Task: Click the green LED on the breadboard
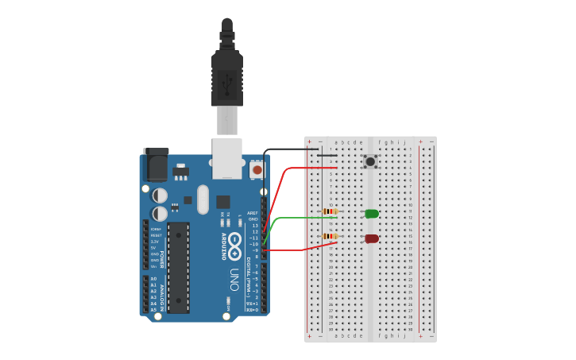371,213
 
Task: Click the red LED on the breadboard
371,238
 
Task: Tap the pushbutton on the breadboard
370,161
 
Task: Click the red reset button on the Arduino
257,169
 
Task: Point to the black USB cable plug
227,79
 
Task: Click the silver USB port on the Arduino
226,157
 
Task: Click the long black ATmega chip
179,267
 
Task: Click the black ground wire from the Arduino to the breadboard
286,149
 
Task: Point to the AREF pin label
253,213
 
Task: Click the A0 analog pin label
153,279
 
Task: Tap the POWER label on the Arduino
162,259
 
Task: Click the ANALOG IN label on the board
162,295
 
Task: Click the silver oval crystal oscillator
203,199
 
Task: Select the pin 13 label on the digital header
254,226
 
